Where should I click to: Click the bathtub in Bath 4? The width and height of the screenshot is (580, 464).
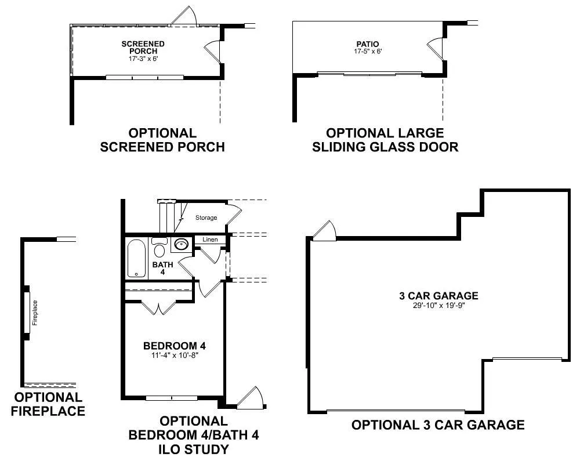click(136, 259)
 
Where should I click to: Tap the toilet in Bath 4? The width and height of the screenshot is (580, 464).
click(159, 247)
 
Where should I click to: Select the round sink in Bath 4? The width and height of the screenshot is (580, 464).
click(181, 244)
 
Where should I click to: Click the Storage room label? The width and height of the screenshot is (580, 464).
click(206, 217)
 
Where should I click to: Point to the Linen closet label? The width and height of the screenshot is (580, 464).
click(210, 240)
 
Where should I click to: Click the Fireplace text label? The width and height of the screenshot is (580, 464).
click(35, 313)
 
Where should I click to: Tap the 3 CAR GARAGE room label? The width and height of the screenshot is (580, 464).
click(438, 296)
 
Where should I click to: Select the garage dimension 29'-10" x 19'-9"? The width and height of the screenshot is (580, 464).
click(438, 305)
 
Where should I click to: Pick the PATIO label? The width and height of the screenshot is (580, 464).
click(368, 44)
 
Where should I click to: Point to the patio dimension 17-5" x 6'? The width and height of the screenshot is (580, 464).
click(368, 51)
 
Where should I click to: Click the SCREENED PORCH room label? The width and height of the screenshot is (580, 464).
click(143, 48)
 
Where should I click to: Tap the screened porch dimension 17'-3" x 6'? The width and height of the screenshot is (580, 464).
click(143, 59)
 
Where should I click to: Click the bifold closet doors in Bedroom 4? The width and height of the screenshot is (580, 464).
click(159, 308)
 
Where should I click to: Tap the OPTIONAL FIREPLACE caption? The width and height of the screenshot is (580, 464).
click(48, 404)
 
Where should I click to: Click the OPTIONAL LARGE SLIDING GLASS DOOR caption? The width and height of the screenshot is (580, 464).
click(385, 140)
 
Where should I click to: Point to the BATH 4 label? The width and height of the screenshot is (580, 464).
click(163, 269)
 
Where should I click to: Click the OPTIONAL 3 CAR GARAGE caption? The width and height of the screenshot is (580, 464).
click(438, 425)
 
